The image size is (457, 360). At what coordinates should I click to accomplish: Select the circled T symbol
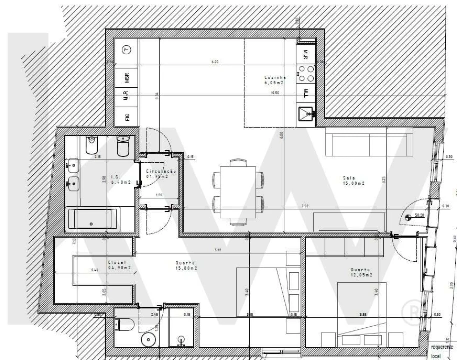coord(127,50)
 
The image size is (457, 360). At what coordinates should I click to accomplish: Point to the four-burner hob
coord(306,74)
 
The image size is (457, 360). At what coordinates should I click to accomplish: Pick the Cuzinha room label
coord(274,80)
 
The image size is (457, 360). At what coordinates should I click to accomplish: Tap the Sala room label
coord(352,180)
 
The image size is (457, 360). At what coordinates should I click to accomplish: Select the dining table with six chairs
coord(238,191)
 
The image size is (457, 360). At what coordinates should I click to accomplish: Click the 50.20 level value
coord(419,215)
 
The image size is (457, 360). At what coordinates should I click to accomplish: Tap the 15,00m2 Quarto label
coord(186,265)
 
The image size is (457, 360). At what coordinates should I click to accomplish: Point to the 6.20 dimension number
coord(215,62)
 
